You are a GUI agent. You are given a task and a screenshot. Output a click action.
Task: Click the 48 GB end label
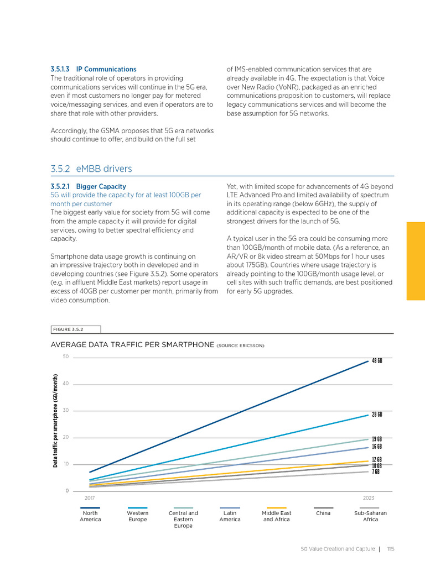click(377, 361)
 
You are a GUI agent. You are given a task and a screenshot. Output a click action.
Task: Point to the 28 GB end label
click(377, 414)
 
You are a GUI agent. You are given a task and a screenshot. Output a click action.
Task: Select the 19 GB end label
click(377, 439)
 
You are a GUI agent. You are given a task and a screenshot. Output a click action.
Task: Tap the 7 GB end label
click(376, 472)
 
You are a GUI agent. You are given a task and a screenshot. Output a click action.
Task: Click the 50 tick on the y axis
click(65, 357)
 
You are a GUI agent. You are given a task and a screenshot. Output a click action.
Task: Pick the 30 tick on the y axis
click(65, 411)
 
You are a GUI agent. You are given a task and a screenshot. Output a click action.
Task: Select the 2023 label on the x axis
click(368, 498)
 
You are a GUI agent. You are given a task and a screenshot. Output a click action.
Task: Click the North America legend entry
click(90, 516)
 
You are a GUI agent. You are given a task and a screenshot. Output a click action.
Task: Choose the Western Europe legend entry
click(137, 516)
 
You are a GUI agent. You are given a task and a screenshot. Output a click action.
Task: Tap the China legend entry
click(323, 513)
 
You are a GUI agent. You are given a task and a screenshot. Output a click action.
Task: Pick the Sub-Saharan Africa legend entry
click(370, 516)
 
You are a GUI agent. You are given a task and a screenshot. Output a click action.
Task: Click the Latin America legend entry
click(230, 516)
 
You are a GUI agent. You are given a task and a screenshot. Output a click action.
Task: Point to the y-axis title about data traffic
click(55, 421)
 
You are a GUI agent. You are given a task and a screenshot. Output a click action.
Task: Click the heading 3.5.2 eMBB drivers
click(91, 169)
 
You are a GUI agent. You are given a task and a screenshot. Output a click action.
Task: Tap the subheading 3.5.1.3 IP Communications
click(93, 69)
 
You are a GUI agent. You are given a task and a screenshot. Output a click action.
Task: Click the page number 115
click(390, 549)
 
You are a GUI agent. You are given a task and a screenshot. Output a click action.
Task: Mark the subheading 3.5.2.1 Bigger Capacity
click(88, 186)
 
